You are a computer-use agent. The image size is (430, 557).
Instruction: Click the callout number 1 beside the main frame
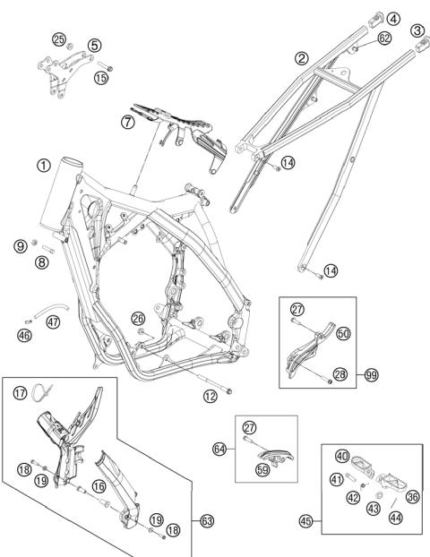click(x=44, y=166)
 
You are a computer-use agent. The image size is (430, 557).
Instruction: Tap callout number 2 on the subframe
click(x=302, y=58)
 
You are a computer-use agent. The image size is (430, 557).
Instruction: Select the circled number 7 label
click(x=127, y=122)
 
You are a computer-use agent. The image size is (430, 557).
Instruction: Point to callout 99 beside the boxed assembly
click(x=372, y=375)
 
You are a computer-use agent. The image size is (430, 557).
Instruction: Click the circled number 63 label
click(x=207, y=521)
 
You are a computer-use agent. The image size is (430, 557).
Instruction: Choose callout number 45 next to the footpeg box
click(x=305, y=521)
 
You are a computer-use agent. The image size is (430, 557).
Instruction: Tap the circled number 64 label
click(x=219, y=450)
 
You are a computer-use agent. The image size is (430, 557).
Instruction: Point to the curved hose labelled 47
click(x=52, y=308)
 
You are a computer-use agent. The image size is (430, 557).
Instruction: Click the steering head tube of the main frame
click(x=61, y=193)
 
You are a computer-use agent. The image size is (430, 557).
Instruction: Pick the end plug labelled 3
click(x=423, y=44)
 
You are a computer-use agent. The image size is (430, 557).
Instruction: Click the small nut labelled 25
click(x=71, y=47)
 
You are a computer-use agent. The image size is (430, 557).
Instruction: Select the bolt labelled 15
click(x=105, y=66)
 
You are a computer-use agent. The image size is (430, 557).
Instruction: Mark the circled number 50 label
click(x=343, y=333)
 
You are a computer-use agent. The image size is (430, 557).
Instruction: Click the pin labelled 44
click(x=393, y=503)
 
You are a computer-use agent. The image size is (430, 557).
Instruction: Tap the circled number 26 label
click(x=138, y=318)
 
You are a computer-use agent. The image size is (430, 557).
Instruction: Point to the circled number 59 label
click(x=262, y=470)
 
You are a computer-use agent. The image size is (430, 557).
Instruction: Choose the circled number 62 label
click(x=384, y=38)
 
